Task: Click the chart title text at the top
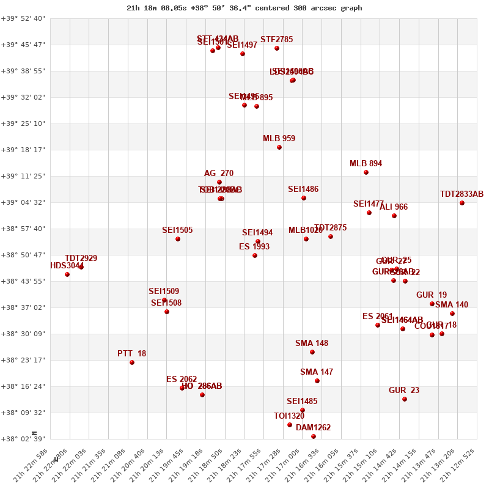click(244, 8)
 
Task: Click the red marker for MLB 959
click(279, 147)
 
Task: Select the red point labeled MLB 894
click(366, 172)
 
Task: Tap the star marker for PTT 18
click(132, 362)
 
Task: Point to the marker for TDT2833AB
click(462, 203)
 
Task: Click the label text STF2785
click(276, 40)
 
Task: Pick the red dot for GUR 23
click(405, 399)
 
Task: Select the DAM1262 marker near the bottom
click(314, 436)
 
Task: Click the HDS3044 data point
click(67, 274)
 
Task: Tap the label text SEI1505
click(177, 230)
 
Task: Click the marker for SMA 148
click(312, 352)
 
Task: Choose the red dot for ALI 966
click(394, 216)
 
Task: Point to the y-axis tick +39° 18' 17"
click(23, 150)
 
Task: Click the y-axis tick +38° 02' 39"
click(23, 439)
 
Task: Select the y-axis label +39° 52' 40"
click(23, 18)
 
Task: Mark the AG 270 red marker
click(219, 182)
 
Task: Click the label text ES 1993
click(254, 247)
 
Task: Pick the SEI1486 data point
click(304, 198)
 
